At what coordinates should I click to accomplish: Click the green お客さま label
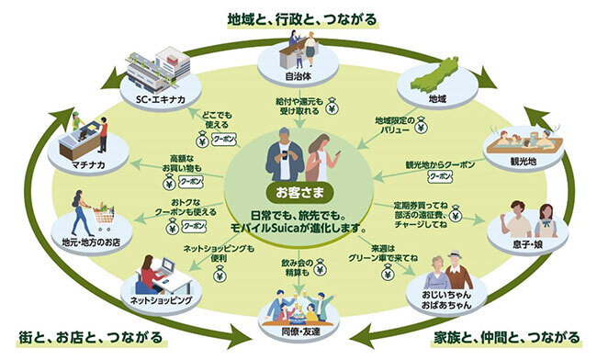tap(298, 194)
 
